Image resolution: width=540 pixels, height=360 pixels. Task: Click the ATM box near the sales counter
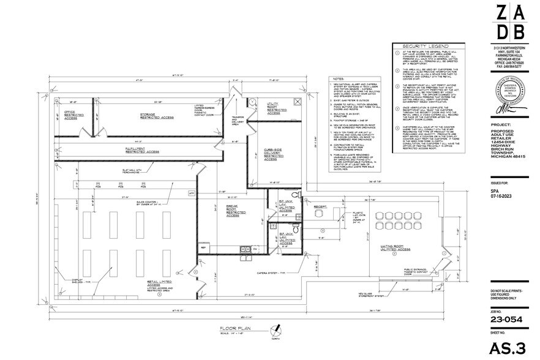190,193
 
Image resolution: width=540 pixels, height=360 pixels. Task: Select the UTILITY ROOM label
272,108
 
